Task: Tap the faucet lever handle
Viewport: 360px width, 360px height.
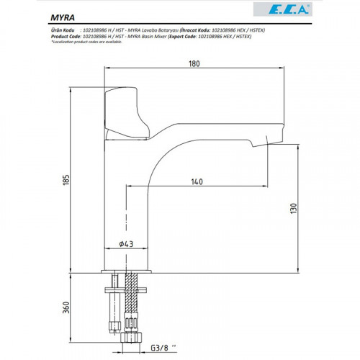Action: (x=128, y=112)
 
